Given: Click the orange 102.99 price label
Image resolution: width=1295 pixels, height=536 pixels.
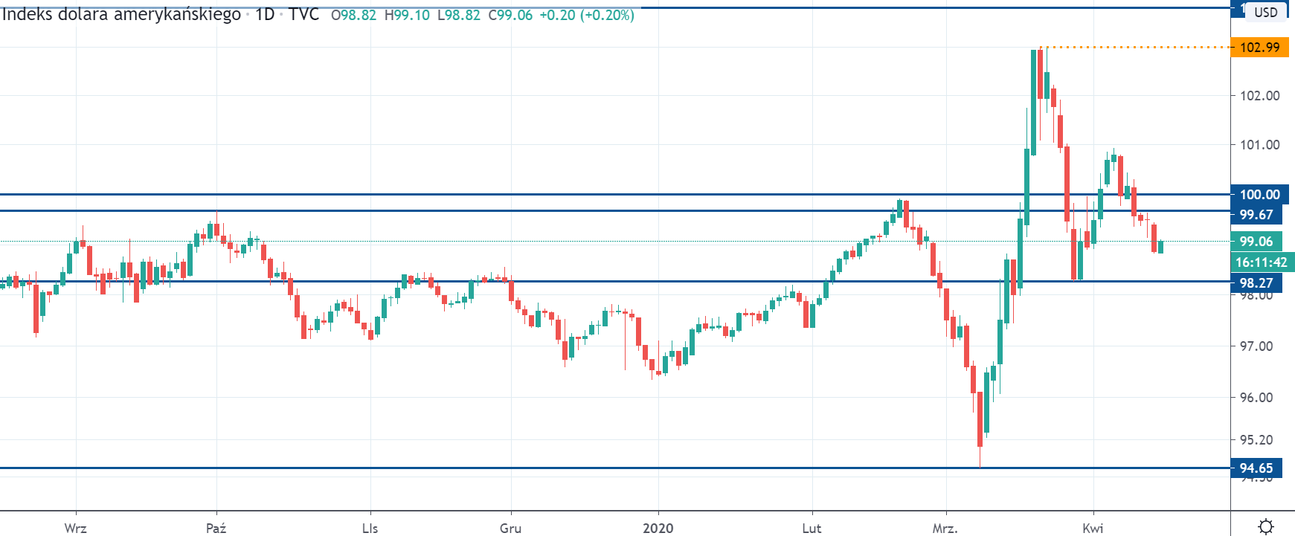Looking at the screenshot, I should [x=1259, y=48].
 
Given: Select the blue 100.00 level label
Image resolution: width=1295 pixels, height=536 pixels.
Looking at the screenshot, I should [x=1259, y=195].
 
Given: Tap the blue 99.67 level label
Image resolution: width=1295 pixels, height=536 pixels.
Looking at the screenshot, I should [x=1256, y=215].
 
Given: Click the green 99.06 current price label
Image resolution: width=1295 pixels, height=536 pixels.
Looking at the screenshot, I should [x=1256, y=242].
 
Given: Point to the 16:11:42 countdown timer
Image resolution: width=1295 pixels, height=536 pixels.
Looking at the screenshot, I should [x=1262, y=262].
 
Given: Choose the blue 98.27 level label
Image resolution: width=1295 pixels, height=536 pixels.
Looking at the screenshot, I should [x=1256, y=283].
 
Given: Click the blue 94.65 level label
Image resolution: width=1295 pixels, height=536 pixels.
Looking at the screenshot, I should [x=1256, y=468].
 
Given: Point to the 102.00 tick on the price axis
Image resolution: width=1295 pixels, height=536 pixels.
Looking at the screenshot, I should [x=1259, y=96].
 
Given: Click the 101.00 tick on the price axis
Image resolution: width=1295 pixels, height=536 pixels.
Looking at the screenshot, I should [x=1259, y=145].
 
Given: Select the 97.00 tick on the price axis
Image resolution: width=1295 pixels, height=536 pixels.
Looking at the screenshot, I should [x=1256, y=346].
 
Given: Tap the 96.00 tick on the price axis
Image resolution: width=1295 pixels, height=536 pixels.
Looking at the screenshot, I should [x=1256, y=398].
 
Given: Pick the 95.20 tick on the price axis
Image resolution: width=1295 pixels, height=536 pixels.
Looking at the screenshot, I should [x=1256, y=440].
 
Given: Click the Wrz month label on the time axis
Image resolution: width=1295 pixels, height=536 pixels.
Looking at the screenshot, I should [x=75, y=529].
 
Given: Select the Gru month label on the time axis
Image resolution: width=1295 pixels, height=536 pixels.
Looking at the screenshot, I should [x=510, y=529].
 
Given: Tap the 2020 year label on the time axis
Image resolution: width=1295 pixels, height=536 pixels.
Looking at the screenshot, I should [x=658, y=529].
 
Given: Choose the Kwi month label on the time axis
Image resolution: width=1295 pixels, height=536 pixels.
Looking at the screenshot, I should [x=1093, y=529].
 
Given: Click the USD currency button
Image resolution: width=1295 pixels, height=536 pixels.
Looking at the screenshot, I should [x=1265, y=12].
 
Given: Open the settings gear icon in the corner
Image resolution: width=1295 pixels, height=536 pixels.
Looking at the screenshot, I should [x=1265, y=526].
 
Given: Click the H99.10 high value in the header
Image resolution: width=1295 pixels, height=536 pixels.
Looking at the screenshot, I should [x=407, y=15].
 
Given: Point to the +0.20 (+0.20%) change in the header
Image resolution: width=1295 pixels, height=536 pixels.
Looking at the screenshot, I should [x=586, y=15].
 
